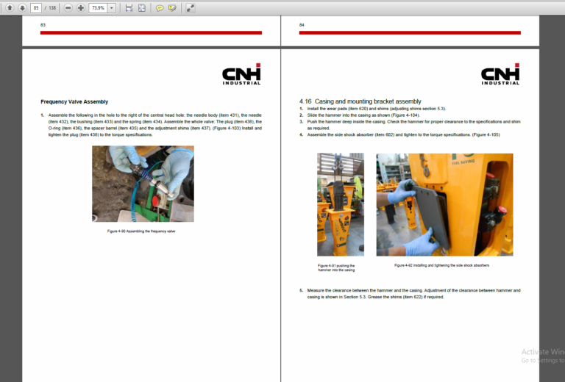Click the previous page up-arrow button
coord(10,7)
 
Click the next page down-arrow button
coord(22,7)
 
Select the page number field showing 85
coord(36,7)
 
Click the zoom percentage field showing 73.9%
coord(98,7)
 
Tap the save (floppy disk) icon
coord(129,7)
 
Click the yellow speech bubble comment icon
coord(159,7)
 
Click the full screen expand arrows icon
coord(190,7)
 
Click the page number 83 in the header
coord(43,25)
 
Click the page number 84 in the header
coord(302,25)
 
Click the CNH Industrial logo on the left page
coord(241,74)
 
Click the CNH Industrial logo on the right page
coord(500,74)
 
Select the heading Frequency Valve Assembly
coord(74,101)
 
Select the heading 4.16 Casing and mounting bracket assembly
coord(360,101)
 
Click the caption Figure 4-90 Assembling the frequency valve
coord(141,231)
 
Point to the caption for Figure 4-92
coord(441,265)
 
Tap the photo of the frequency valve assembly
coord(143,184)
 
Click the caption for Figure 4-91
coord(336,267)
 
